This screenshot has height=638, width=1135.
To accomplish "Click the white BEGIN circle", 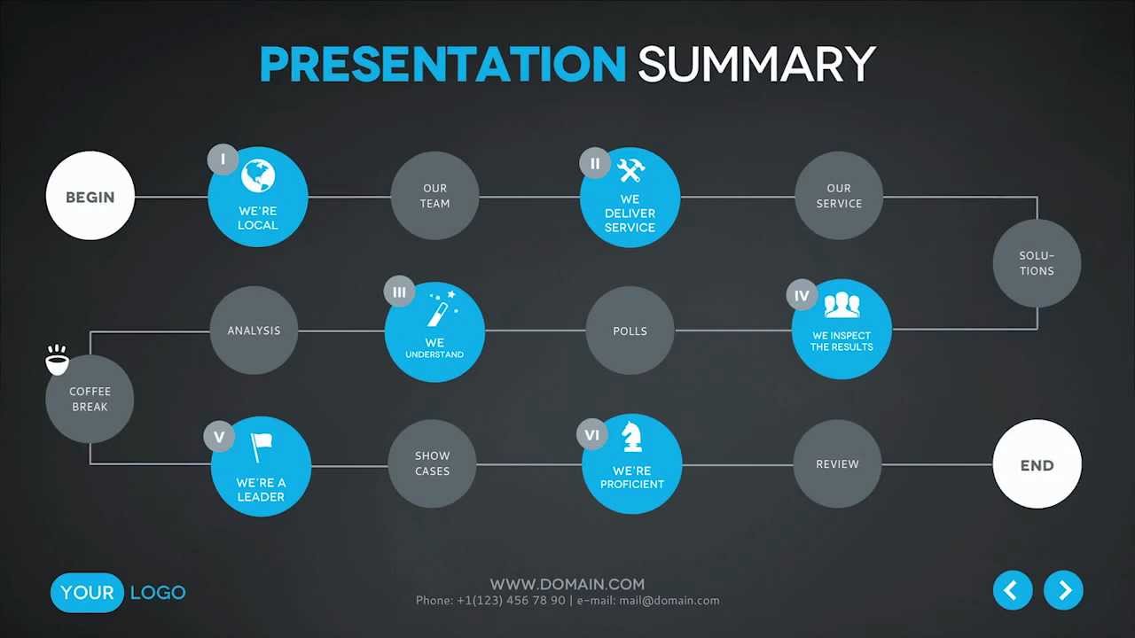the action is (90, 196).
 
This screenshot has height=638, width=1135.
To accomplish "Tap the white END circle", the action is (1037, 463).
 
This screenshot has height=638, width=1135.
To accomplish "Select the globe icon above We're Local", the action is (258, 175).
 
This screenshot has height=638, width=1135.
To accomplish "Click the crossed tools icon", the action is (630, 170).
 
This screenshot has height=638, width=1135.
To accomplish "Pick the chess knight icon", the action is (632, 437).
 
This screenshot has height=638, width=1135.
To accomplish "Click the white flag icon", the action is (262, 447).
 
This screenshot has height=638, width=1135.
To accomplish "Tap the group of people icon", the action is (841, 306).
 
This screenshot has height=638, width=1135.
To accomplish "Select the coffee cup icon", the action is (57, 360).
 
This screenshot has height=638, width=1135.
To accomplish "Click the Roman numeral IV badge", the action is (802, 295).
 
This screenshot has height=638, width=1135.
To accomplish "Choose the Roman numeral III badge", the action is (399, 292).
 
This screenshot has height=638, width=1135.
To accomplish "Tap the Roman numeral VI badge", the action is (591, 434).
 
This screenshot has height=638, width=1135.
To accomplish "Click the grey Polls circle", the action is (630, 331).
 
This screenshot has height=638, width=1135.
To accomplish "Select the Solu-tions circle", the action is (1037, 263).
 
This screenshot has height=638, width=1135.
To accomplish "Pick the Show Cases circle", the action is (432, 463).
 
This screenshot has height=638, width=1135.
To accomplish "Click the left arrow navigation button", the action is (1013, 590).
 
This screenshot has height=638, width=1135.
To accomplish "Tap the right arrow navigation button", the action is (1063, 590).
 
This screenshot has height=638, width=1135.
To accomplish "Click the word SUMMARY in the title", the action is (756, 64).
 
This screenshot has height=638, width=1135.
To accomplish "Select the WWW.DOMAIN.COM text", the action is (567, 584).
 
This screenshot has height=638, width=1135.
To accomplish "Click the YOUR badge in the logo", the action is (87, 593).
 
